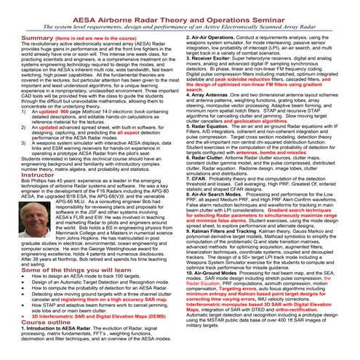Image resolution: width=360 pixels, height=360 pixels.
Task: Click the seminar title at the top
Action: click(x=180, y=11)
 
